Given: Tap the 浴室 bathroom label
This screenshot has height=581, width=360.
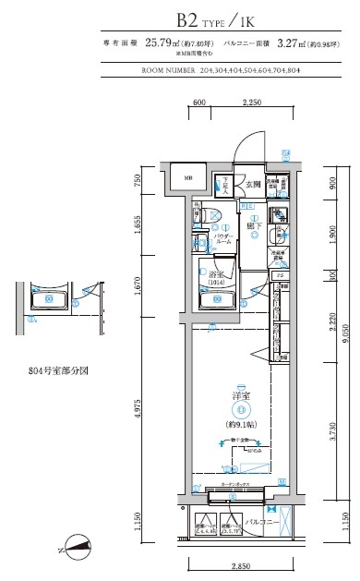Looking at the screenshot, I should click(215, 275).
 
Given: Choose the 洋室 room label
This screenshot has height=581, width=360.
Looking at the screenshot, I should click(240, 396).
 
